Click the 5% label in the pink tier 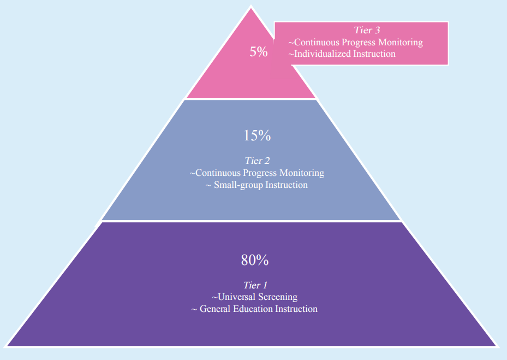click(259, 52)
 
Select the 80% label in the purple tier click(255, 261)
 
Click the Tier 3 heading click(367, 30)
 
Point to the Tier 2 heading click(257, 161)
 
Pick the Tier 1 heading click(255, 285)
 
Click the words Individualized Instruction click(342, 54)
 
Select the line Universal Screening click(255, 297)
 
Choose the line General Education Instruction click(255, 309)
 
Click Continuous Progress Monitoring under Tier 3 click(356, 42)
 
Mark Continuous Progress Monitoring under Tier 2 click(257, 173)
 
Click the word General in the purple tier click(216, 309)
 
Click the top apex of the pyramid click(251, 7)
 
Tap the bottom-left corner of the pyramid click(7, 346)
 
